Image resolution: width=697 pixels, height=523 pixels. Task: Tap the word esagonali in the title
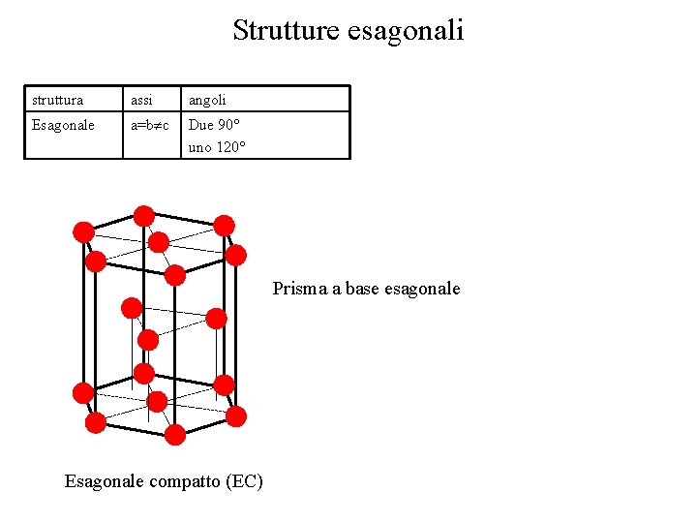[x=406, y=31]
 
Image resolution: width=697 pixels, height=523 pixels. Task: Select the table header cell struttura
[x=57, y=100]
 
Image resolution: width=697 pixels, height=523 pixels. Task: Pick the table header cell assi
[x=142, y=100]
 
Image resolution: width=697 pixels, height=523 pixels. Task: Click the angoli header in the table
[x=207, y=100]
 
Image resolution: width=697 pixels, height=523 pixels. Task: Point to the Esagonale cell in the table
[x=63, y=125]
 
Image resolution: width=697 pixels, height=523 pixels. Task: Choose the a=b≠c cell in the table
[x=150, y=125]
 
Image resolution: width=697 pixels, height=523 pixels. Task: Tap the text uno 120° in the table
[x=218, y=147]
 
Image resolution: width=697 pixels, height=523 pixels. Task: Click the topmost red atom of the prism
[x=143, y=215]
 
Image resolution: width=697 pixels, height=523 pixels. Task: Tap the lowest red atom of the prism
[x=175, y=435]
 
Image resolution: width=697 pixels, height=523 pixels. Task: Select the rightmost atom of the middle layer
[x=217, y=319]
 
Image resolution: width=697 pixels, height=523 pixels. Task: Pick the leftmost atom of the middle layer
[x=131, y=309]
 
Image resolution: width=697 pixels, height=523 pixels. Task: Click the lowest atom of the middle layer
[x=148, y=340]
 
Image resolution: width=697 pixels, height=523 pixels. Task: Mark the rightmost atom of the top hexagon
[x=236, y=255]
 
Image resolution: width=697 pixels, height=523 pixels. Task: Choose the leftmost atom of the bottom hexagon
[x=83, y=392]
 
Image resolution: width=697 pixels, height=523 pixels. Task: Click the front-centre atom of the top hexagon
[x=175, y=275]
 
